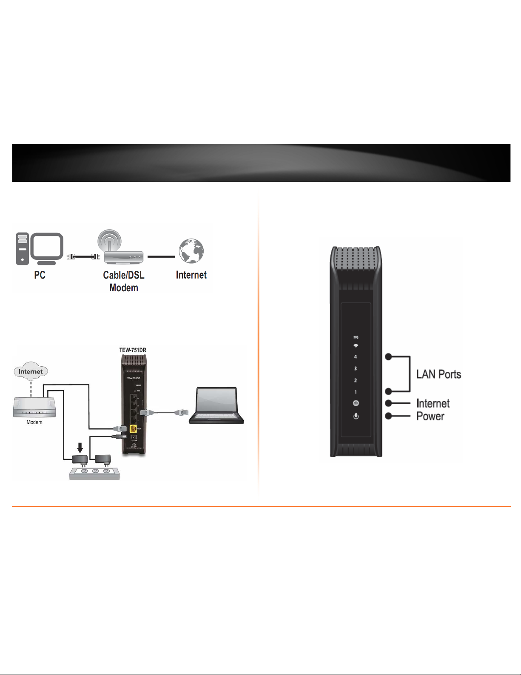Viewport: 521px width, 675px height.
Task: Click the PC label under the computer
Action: pyautogui.click(x=40, y=275)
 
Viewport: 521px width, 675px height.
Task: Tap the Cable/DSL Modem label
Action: pyautogui.click(x=124, y=281)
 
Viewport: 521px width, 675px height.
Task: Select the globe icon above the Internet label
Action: pyautogui.click(x=191, y=251)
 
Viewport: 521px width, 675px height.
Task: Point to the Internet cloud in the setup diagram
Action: pyautogui.click(x=31, y=372)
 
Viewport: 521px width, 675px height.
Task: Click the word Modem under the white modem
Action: pyautogui.click(x=34, y=422)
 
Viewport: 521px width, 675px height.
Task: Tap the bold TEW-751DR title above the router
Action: pyautogui.click(x=133, y=350)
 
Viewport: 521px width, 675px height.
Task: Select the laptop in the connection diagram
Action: pyautogui.click(x=216, y=405)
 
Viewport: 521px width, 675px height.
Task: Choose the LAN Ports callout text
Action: pyautogui.click(x=438, y=374)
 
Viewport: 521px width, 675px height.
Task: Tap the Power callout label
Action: pyautogui.click(x=430, y=416)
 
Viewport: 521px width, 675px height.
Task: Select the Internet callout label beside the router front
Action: pyautogui.click(x=433, y=403)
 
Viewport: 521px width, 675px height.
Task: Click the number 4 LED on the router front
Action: pyautogui.click(x=356, y=357)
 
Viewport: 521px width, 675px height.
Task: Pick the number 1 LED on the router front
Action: pyautogui.click(x=356, y=392)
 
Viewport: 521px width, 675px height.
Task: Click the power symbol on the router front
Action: pyautogui.click(x=356, y=416)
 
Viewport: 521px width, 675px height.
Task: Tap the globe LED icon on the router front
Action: pyautogui.click(x=356, y=403)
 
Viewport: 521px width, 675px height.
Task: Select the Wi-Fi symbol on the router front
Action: pyautogui.click(x=356, y=346)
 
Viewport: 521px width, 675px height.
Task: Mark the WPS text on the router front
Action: pyautogui.click(x=356, y=337)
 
